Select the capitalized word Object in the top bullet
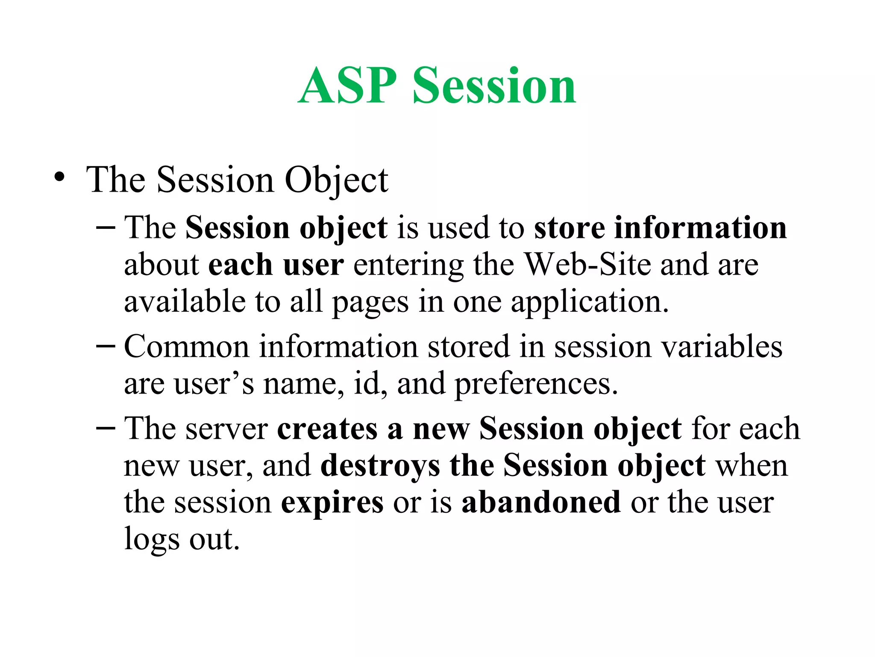point(336,180)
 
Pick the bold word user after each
point(313,264)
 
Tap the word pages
point(370,303)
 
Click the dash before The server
point(106,427)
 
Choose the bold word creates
point(327,429)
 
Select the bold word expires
point(332,503)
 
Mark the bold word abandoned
point(541,502)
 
